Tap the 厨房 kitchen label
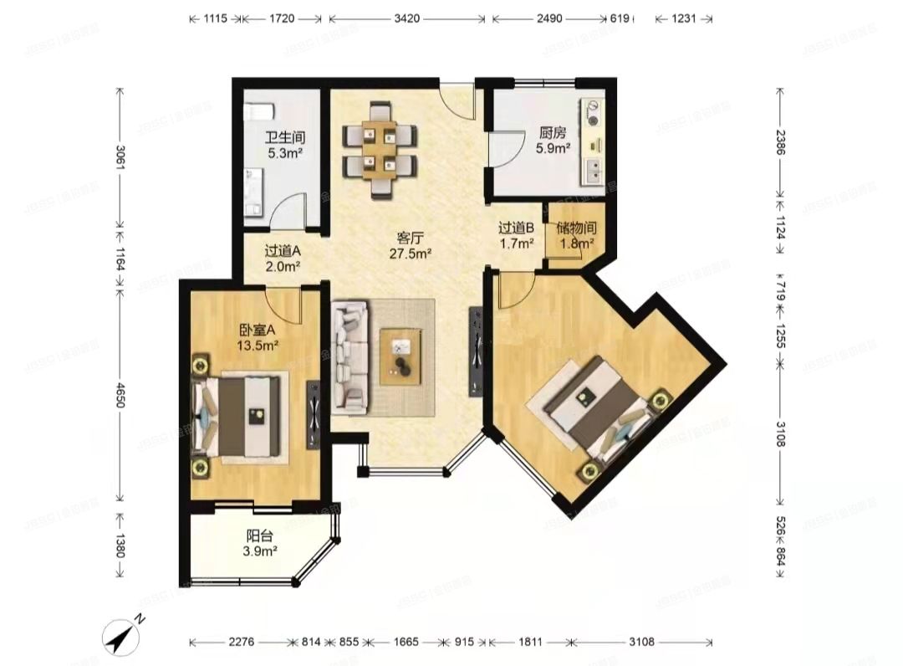pyautogui.click(x=553, y=132)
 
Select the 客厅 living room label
pyautogui.click(x=410, y=237)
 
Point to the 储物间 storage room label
pyautogui.click(x=575, y=228)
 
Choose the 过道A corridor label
pyautogui.click(x=282, y=250)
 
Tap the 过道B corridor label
pyautogui.click(x=516, y=228)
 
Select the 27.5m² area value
pyautogui.click(x=410, y=253)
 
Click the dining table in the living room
pyautogui.click(x=379, y=149)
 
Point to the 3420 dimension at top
pyautogui.click(x=406, y=17)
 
